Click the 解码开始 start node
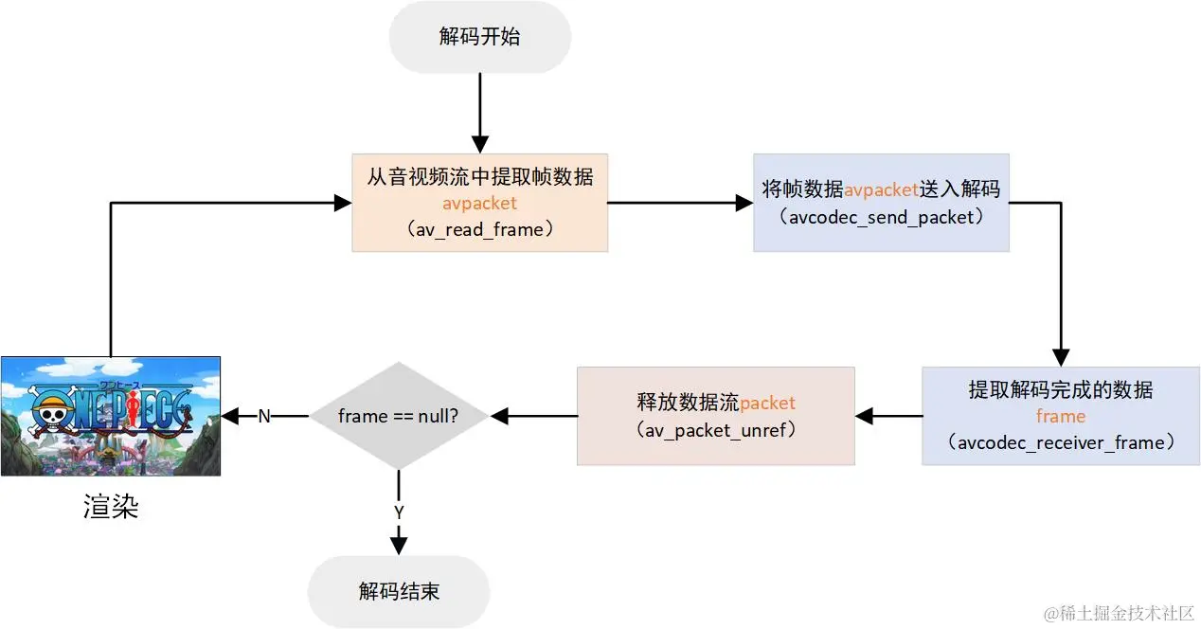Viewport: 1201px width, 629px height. click(x=479, y=37)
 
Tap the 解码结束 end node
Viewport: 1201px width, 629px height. click(x=399, y=592)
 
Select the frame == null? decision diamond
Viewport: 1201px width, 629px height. click(x=399, y=416)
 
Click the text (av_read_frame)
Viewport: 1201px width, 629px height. click(x=479, y=230)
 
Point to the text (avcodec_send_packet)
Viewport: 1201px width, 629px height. click(x=881, y=217)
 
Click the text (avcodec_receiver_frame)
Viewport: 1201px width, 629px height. click(x=1060, y=442)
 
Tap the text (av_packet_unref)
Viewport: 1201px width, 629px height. click(x=715, y=429)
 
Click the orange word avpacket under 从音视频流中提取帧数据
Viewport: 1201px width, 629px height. click(x=479, y=204)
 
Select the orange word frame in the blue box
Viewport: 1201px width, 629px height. click(x=1060, y=417)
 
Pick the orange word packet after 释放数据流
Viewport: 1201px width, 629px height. click(x=767, y=404)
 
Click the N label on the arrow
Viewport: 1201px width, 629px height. click(x=264, y=416)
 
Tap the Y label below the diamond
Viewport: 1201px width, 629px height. click(x=399, y=512)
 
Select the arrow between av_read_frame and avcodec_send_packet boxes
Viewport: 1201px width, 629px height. click(x=679, y=202)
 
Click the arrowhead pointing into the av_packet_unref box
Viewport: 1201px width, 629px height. click(x=865, y=416)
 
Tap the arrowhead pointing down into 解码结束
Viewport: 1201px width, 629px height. click(x=399, y=545)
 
